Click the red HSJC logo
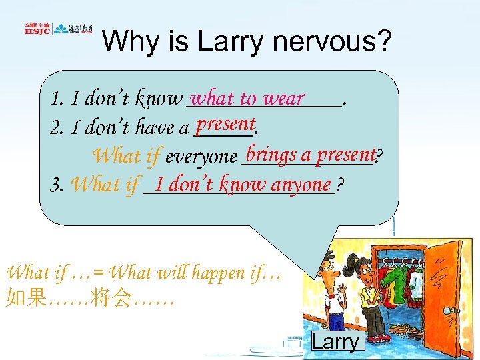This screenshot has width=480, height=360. pyautogui.click(x=36, y=29)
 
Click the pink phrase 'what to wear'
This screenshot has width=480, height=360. pyautogui.click(x=247, y=98)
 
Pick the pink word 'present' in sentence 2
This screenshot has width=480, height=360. pyautogui.click(x=226, y=124)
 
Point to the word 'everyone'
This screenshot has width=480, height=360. pyautogui.click(x=201, y=157)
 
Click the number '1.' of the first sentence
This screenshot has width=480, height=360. pyautogui.click(x=56, y=100)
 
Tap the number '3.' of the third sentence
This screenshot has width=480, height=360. pyautogui.click(x=57, y=185)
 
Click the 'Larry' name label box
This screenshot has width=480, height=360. pyautogui.click(x=336, y=341)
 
